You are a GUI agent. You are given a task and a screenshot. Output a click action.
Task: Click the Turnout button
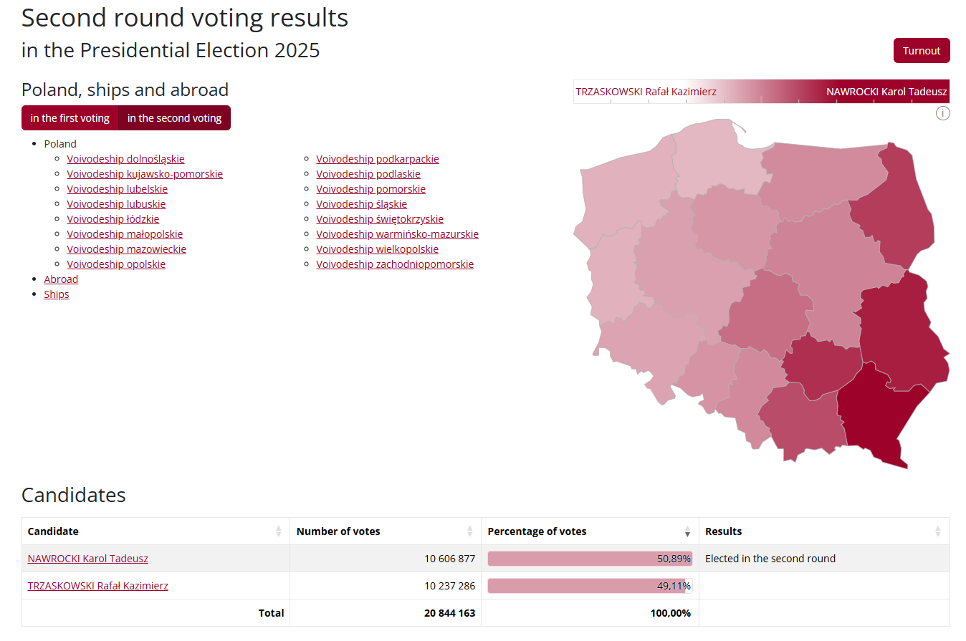coord(921,51)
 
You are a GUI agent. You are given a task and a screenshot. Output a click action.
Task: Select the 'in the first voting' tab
coord(70,118)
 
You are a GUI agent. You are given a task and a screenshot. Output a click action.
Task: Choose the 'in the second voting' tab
coord(174,118)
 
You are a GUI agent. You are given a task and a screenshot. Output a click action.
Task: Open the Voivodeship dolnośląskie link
coord(125,159)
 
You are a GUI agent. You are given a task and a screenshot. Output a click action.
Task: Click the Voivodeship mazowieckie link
coord(126,249)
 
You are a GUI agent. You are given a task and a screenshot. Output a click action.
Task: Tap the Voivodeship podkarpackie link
coord(377,159)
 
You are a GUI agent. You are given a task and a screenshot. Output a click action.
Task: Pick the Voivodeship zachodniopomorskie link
coord(394,264)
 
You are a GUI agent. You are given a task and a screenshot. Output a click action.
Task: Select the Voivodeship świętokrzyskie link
coord(379,219)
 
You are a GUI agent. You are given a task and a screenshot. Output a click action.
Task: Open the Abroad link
coord(61,279)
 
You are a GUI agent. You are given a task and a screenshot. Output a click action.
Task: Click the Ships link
coord(57,294)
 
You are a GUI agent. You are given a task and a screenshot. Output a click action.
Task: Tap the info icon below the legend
coord(943,113)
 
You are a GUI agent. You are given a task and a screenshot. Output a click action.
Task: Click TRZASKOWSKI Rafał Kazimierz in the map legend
coord(646,92)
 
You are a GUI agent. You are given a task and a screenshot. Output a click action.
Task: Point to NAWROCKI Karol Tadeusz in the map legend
coord(886,92)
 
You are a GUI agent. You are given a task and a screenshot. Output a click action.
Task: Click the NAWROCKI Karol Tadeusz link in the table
coord(87,559)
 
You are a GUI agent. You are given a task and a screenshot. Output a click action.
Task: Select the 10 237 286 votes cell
coord(449,586)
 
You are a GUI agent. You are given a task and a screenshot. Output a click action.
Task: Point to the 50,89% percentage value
coord(674,559)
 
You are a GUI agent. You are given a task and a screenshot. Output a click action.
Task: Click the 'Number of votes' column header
coord(338,531)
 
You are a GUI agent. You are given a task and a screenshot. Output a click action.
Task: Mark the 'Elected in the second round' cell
coord(770,559)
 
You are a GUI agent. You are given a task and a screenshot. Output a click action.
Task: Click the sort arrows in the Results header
coord(937,531)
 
